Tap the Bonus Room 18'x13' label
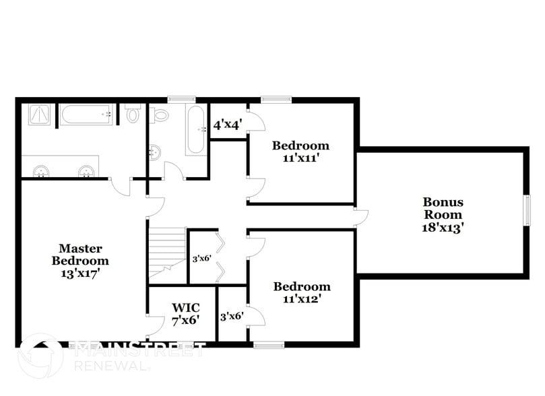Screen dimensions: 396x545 [x=443, y=214]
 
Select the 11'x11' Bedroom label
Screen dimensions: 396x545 [x=300, y=152]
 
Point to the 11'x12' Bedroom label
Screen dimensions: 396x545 [x=302, y=292]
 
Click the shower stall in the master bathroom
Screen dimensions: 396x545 [x=39, y=114]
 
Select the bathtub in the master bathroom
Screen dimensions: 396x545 [x=88, y=115]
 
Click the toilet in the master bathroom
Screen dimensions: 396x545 [x=132, y=114]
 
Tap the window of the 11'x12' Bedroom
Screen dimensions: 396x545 [x=269, y=345]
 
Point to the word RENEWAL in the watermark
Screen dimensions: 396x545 [x=112, y=366]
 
